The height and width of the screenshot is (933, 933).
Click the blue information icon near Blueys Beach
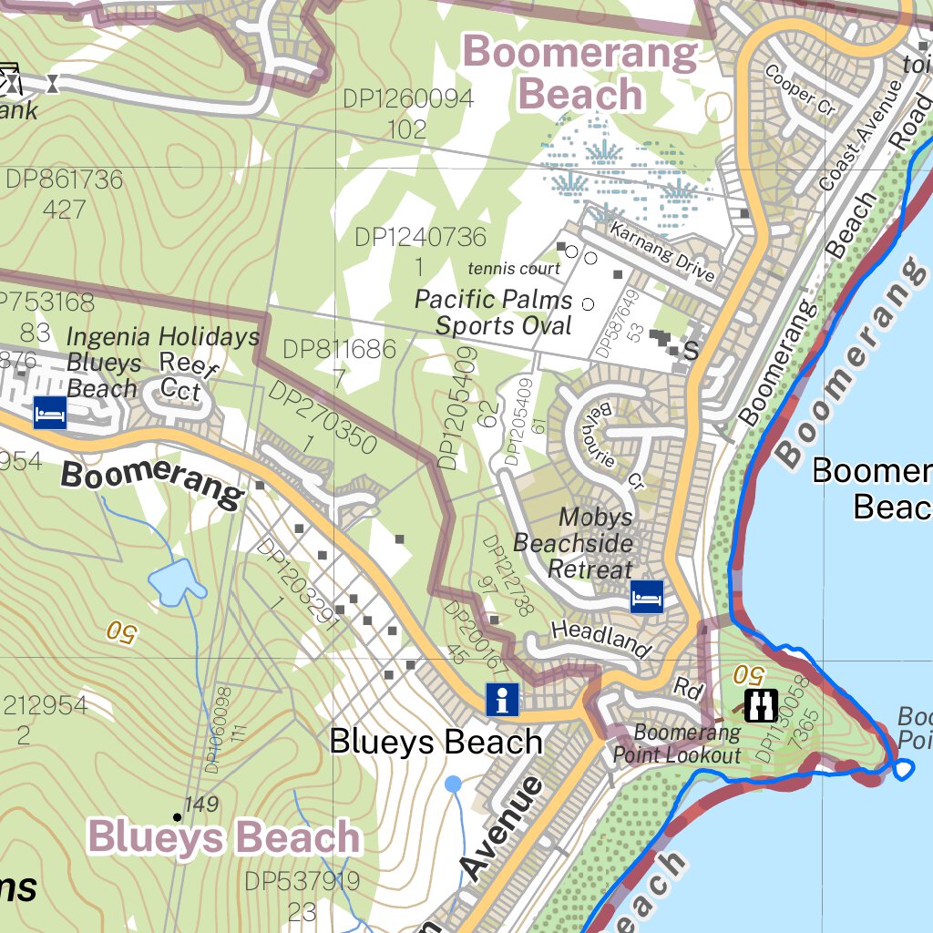(x=502, y=700)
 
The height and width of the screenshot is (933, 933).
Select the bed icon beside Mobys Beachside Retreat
(x=647, y=597)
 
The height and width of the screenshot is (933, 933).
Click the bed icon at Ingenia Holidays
(x=50, y=413)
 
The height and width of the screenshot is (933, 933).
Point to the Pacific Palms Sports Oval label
(x=494, y=313)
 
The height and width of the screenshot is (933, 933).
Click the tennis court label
(x=514, y=269)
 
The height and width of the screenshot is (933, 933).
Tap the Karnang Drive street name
(x=662, y=251)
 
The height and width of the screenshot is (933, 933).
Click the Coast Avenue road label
(x=860, y=137)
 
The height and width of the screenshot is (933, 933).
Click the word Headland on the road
(x=601, y=639)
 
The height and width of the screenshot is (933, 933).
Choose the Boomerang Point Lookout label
(x=676, y=743)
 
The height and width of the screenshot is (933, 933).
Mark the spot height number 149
(x=201, y=805)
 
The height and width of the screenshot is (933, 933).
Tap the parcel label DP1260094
(x=408, y=99)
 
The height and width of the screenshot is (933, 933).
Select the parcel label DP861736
(x=64, y=179)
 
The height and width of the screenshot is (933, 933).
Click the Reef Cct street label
(x=187, y=375)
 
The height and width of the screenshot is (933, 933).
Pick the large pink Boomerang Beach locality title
(x=579, y=74)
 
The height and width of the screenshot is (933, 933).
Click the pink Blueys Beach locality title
(x=224, y=837)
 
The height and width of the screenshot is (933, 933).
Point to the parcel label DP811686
(x=339, y=349)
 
